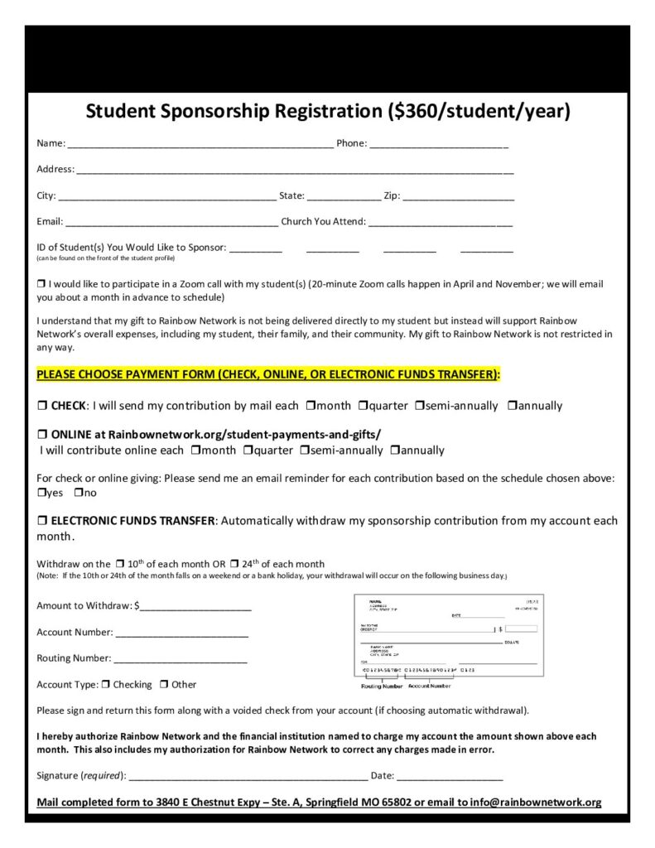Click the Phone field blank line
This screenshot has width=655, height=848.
click(439, 144)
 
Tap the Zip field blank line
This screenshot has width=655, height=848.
click(459, 197)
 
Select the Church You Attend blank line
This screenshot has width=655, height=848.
click(440, 223)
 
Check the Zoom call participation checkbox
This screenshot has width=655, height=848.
click(41, 284)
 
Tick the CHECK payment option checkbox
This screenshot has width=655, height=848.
click(41, 407)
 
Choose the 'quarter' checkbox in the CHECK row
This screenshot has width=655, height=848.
click(363, 406)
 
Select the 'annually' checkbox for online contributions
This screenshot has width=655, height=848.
click(395, 450)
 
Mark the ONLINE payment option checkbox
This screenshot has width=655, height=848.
click(41, 434)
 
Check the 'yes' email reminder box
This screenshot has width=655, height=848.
click(41, 493)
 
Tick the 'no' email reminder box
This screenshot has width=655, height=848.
click(78, 493)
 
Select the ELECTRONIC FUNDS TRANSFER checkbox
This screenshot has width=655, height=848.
click(41, 521)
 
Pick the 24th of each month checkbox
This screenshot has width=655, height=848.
click(234, 564)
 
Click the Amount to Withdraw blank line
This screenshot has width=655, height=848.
click(195, 607)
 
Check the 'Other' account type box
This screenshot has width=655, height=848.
click(164, 685)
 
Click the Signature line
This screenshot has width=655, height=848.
click(248, 777)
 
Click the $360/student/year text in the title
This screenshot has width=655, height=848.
click(479, 111)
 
